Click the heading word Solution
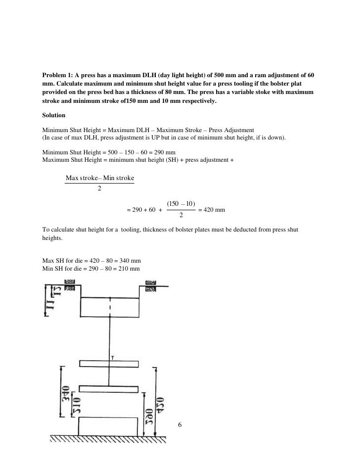pyautogui.click(x=53, y=115)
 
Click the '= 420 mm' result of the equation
pyautogui.click(x=212, y=210)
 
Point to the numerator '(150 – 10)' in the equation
pyautogui.click(x=181, y=203)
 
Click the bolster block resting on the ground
pyautogui.click(x=109, y=426)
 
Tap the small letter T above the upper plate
pyautogui.click(x=114, y=358)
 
